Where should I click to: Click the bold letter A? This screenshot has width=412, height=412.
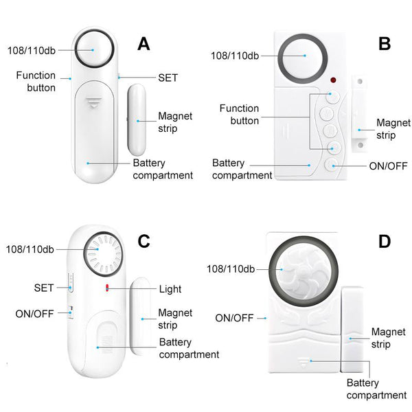pos(144,44)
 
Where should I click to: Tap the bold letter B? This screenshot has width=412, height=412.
pos(385,44)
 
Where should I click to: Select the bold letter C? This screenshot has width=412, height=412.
pos(144,241)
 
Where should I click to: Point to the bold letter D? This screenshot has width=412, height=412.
pos(385,241)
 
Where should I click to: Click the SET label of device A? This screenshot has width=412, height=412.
pos(168,78)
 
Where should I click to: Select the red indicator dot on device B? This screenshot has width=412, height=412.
pos(333,79)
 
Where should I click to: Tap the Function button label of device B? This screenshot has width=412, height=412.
pos(239,114)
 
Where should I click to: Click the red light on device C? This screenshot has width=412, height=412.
pos(107,287)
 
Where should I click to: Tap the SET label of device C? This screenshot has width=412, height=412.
pos(43,287)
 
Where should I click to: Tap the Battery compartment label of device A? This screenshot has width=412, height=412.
pos(163,169)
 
